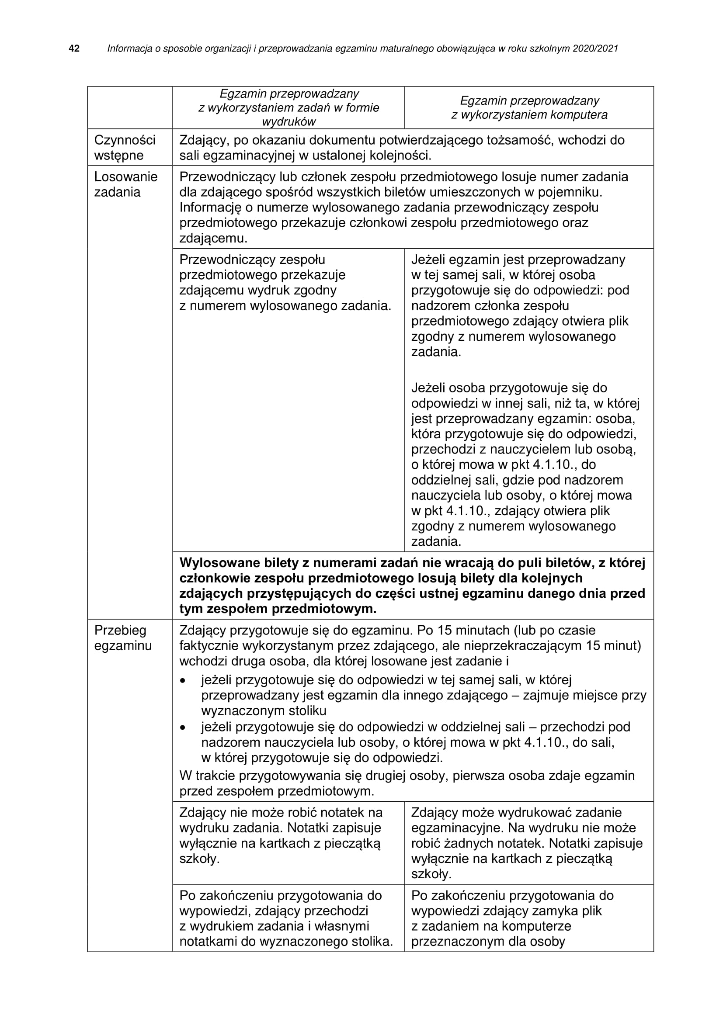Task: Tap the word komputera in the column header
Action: coord(579,115)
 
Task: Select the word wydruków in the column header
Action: coord(289,122)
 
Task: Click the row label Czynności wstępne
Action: coord(125,148)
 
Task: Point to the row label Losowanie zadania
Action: coord(125,184)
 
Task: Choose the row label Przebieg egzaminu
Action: coord(123,638)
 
